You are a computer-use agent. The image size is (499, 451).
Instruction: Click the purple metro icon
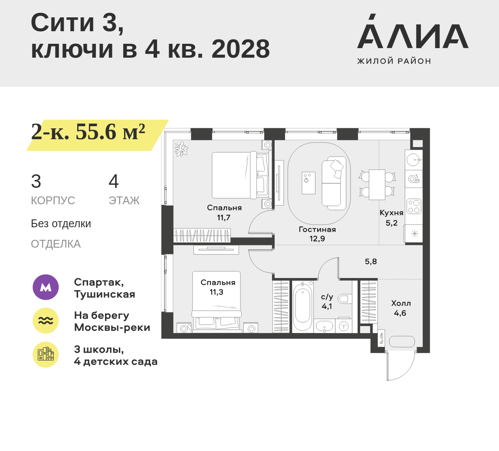click(x=46, y=287)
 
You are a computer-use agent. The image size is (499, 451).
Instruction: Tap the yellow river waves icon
click(x=46, y=321)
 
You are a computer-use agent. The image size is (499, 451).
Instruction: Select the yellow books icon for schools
click(x=46, y=355)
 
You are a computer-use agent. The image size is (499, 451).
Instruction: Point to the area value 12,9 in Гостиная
click(x=317, y=239)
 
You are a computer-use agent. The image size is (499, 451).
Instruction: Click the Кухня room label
click(x=391, y=213)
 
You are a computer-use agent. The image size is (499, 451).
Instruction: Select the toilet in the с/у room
click(x=345, y=298)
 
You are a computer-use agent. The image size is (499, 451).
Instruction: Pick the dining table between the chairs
click(x=377, y=184)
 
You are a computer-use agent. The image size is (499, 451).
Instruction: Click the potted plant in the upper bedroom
click(x=181, y=149)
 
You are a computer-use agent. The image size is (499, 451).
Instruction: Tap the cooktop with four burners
click(x=414, y=206)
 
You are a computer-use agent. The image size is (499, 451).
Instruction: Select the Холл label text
click(x=401, y=303)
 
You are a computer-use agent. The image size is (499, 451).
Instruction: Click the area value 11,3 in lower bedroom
click(x=217, y=292)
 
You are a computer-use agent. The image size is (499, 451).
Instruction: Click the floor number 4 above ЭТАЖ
click(x=114, y=181)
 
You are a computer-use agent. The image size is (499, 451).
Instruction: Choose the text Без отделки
click(x=61, y=224)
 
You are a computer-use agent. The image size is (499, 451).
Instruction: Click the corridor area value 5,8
click(x=371, y=261)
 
